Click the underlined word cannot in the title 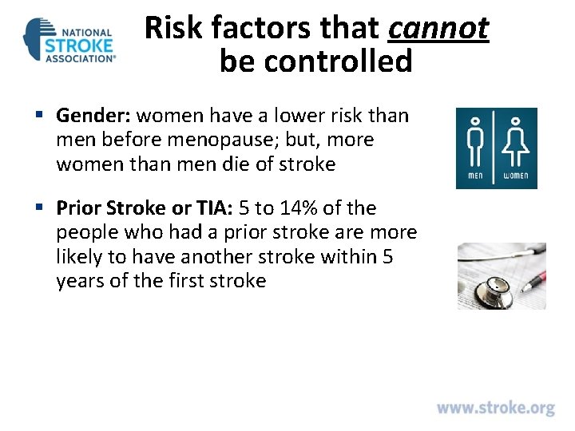tap(438, 30)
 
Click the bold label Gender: tap(93, 117)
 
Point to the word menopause tap(251, 140)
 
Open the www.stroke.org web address tap(495, 408)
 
